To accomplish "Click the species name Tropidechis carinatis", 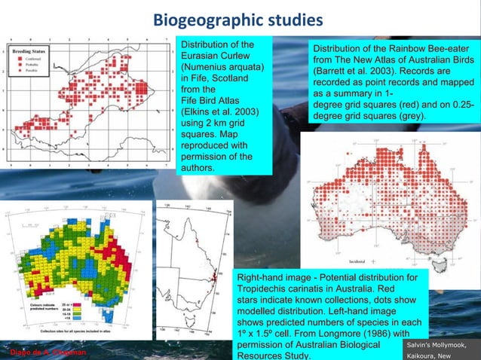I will coord(294,289).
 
